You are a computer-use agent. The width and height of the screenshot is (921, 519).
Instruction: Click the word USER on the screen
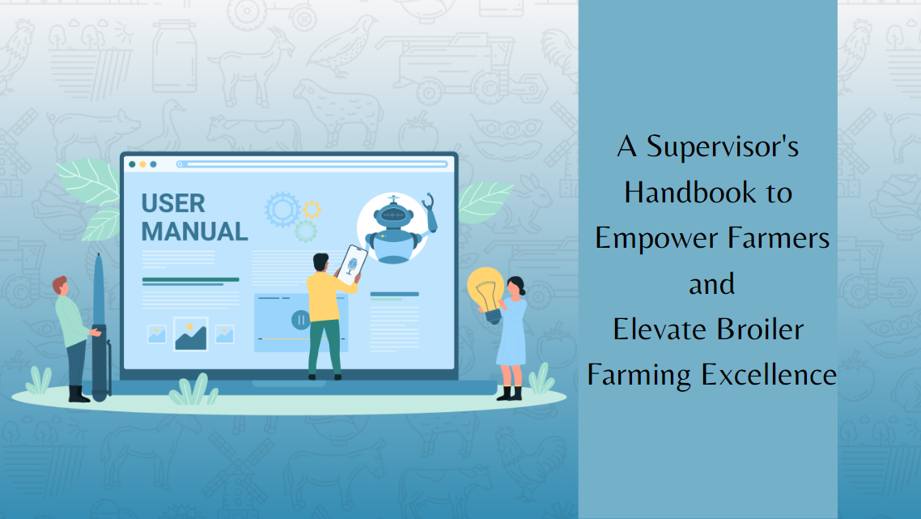(172, 203)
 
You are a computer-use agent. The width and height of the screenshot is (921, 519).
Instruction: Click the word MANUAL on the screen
(194, 231)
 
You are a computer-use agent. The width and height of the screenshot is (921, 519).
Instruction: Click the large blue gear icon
(282, 209)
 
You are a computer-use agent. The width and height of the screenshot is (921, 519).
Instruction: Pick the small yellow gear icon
(312, 209)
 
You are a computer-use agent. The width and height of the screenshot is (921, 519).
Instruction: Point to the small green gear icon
(305, 231)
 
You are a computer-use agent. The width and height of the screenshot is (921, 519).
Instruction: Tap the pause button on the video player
(301, 320)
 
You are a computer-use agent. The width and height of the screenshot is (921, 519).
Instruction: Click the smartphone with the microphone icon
(352, 265)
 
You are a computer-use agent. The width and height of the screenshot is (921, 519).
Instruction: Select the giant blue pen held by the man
(99, 328)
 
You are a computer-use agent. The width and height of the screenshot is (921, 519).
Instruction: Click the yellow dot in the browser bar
(142, 164)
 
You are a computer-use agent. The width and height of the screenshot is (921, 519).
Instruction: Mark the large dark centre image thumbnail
(190, 334)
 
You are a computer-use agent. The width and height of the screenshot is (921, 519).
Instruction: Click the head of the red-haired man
(61, 287)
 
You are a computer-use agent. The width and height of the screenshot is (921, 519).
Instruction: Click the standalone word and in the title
(711, 284)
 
